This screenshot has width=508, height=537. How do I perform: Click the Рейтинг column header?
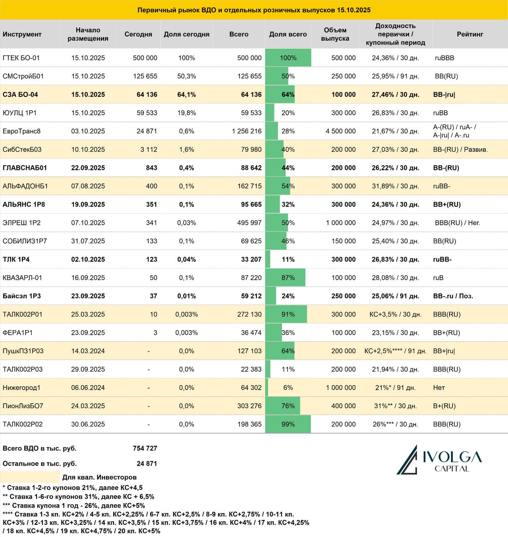pos(470,34)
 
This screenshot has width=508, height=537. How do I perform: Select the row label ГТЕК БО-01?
pos(21,58)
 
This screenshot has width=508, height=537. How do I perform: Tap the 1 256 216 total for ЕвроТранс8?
pos(247,131)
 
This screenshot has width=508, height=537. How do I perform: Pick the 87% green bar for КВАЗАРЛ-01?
pos(285,277)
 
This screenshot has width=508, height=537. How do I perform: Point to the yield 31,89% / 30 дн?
pos(395,186)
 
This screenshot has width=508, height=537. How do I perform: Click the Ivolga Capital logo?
pos(439,460)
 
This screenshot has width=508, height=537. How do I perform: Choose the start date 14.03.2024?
pos(88,351)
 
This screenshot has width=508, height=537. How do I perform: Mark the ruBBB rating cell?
pos(444,58)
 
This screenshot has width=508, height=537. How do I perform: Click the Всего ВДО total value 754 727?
pos(145,448)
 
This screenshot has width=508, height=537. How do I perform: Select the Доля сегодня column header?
pos(187,34)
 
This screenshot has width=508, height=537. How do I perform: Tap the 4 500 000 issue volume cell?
pos(341,131)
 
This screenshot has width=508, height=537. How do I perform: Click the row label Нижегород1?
pos(21,387)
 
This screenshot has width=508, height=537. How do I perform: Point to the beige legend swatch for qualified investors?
pos(30,477)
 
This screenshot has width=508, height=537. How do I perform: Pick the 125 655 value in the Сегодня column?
pos(145,76)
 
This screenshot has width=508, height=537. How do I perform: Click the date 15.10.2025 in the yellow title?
pos(353,10)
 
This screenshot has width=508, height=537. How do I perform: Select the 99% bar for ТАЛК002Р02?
pos(288,424)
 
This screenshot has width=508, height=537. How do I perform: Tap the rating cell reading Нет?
pos(439,387)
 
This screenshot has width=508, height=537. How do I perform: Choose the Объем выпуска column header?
pos(335,34)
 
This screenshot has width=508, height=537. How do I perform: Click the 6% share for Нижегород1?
pos(288,387)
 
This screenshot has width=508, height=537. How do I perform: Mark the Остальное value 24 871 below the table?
pos(147,464)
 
